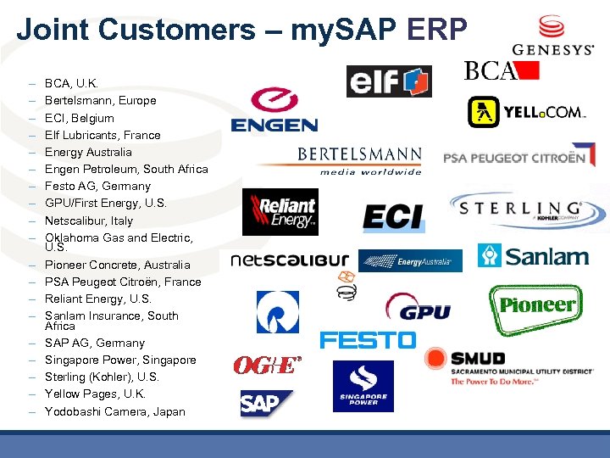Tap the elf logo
389,81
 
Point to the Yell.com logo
525,111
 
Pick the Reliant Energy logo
280,212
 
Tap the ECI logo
392,216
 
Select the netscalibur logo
290,258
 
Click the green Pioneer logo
535,305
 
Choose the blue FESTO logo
368,340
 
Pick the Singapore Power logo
363,386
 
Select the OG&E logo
267,365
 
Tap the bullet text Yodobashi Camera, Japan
114,411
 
